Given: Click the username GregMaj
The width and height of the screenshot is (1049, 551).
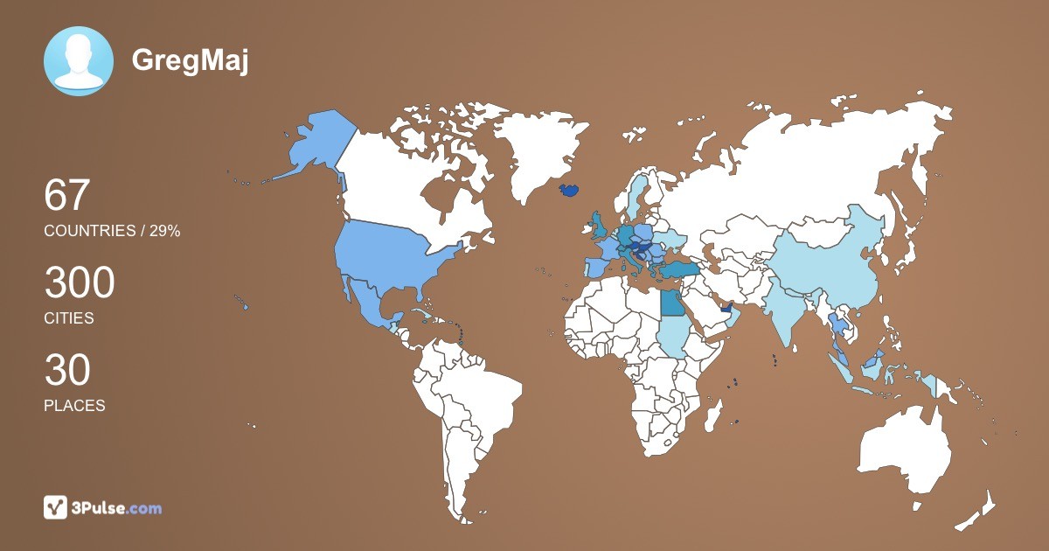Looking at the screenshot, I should [190, 60].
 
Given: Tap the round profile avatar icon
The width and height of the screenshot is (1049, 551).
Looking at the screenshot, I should [79, 61].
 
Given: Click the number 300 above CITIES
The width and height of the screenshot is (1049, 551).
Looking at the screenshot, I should [80, 283].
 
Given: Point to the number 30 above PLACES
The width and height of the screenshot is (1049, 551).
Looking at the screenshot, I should [67, 371].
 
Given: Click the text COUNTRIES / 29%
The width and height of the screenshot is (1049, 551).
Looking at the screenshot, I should [112, 231].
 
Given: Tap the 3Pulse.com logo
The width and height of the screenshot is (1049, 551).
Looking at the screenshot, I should [103, 507].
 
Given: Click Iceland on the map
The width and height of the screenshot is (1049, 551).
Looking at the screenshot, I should [569, 190].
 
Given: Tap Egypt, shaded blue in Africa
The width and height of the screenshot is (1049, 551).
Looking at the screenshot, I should [672, 303].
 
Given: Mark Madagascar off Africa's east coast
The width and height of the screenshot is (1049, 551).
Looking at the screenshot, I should [715, 413].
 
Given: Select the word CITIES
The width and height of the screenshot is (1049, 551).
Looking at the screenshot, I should [69, 318].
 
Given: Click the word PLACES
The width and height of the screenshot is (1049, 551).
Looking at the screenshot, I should [74, 406].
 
